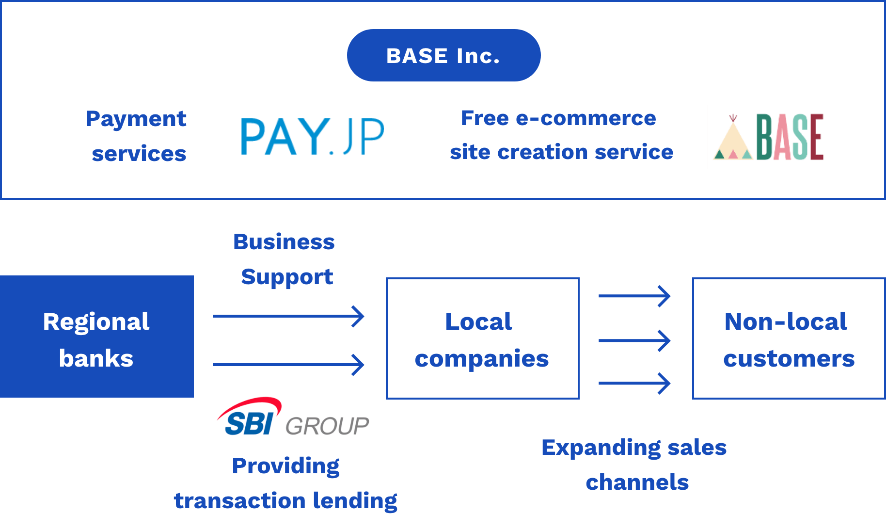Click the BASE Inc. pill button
pyautogui.click(x=443, y=55)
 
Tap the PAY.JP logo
pyautogui.click(x=313, y=137)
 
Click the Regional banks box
pyautogui.click(x=97, y=337)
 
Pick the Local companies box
pyautogui.click(x=483, y=338)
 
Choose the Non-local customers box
pyautogui.click(x=789, y=338)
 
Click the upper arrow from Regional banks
pyautogui.click(x=288, y=316)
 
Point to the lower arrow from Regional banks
pyautogui.click(x=288, y=365)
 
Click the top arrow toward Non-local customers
pyautogui.click(x=634, y=296)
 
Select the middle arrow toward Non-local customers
pyautogui.click(x=634, y=340)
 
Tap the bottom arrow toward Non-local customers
pyautogui.click(x=634, y=383)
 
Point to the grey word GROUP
pyautogui.click(x=327, y=426)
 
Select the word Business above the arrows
pyautogui.click(x=284, y=241)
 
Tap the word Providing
pyautogui.click(x=286, y=466)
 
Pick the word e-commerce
pyautogui.click(x=586, y=118)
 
